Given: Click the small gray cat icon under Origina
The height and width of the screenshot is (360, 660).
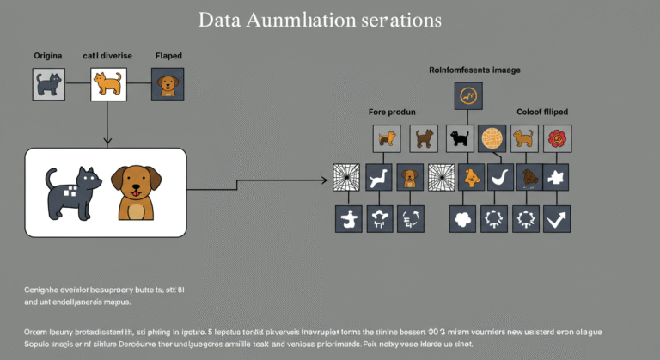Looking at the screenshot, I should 49,84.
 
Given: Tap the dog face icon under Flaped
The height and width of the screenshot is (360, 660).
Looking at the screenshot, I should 167,84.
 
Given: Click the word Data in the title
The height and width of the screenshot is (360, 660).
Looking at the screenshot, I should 218,19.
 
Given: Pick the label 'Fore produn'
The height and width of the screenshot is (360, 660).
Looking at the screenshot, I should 392,113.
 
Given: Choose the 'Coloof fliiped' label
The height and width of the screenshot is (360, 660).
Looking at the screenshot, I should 541,113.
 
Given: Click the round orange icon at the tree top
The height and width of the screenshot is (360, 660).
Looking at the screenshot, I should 468,96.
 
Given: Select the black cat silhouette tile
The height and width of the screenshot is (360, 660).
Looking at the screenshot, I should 460,138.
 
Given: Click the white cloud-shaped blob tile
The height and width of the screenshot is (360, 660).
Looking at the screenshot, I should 462,219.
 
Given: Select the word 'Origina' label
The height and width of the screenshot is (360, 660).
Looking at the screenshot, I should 48,55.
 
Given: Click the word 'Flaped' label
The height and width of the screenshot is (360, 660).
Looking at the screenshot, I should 168,55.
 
